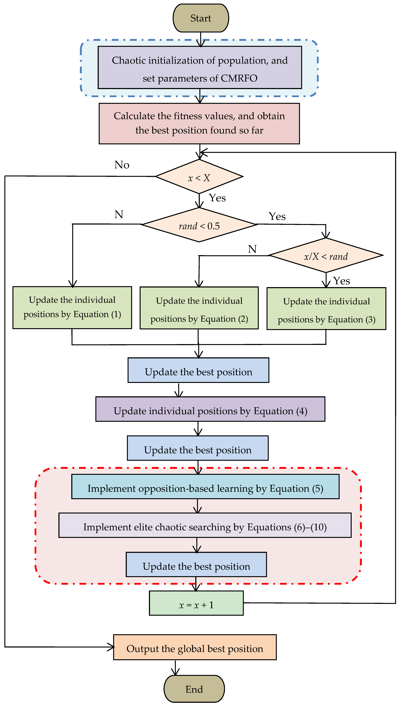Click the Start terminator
click(x=201, y=18)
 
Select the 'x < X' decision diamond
click(x=199, y=177)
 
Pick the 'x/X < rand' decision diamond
click(x=326, y=256)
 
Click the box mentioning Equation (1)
click(x=72, y=308)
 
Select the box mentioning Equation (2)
click(x=199, y=308)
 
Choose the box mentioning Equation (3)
click(x=326, y=309)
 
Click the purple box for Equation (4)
click(x=210, y=409)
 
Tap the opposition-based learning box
click(x=205, y=487)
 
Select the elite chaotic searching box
click(x=205, y=525)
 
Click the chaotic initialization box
click(x=200, y=68)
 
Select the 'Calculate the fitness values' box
click(x=199, y=123)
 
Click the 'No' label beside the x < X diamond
click(x=122, y=165)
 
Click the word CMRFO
click(x=239, y=78)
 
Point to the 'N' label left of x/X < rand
click(x=252, y=249)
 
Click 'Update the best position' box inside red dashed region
click(x=196, y=564)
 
